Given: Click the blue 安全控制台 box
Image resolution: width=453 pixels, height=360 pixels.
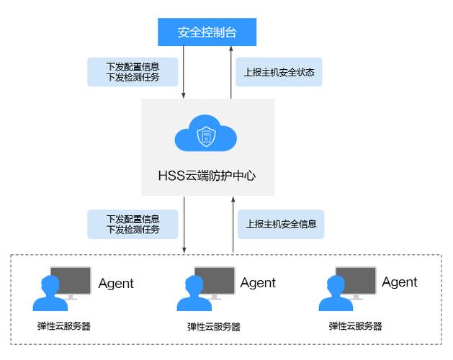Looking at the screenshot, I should pyautogui.click(x=207, y=32).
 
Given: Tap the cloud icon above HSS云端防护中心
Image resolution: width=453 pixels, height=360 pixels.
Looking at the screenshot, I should pyautogui.click(x=207, y=135).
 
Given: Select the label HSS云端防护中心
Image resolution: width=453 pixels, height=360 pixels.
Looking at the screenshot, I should pyautogui.click(x=207, y=174).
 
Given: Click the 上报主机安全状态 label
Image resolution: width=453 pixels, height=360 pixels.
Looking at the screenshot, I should pyautogui.click(x=279, y=72).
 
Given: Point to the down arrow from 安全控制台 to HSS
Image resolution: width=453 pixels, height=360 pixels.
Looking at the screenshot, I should pyautogui.click(x=184, y=72).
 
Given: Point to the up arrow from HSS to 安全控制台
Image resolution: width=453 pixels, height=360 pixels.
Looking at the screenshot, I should pyautogui.click(x=232, y=72).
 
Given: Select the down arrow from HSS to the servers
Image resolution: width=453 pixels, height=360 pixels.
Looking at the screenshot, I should pyautogui.click(x=184, y=224).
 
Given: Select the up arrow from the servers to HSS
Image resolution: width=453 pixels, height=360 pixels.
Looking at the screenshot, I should pyautogui.click(x=232, y=224).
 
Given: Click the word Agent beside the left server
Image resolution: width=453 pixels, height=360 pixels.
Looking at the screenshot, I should pyautogui.click(x=116, y=283).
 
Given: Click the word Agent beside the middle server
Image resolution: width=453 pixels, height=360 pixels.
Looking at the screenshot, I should pyautogui.click(x=258, y=283).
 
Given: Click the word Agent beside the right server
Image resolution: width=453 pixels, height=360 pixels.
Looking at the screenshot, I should pyautogui.click(x=400, y=282).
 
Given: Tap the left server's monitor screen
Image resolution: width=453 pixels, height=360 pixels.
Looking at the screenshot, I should pyautogui.click(x=71, y=279).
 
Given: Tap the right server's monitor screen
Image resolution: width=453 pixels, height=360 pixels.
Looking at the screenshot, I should pyautogui.click(x=356, y=279).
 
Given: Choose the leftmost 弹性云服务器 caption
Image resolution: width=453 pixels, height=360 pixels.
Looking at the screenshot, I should pyautogui.click(x=64, y=326).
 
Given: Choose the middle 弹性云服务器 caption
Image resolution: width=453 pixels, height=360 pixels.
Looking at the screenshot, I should pyautogui.click(x=213, y=326).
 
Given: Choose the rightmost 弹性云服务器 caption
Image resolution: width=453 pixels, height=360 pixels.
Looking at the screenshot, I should pyautogui.click(x=356, y=326).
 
